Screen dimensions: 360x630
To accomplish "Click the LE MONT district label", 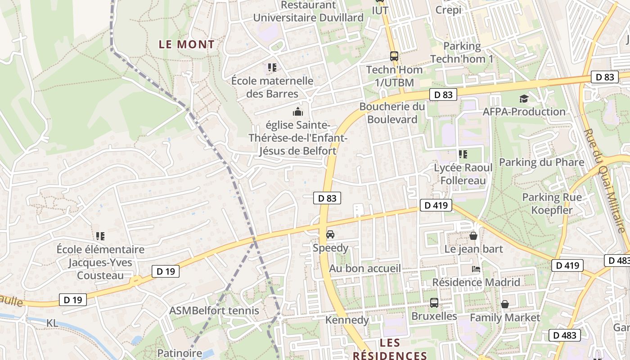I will coord(187,45).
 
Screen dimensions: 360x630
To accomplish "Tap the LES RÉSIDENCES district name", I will coord(390,349).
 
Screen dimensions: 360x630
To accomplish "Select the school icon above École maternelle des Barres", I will coord(272,67).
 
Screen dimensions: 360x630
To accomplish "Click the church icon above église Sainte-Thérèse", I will coord(297,112).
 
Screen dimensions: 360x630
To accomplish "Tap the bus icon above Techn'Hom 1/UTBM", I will coord(394,56).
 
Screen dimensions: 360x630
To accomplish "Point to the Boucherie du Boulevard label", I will coord(392,113).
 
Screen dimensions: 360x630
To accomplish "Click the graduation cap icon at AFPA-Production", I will coord(524,99).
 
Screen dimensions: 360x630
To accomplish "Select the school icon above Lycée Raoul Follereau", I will coord(463,155).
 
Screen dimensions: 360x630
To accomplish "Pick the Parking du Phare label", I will coord(542,162).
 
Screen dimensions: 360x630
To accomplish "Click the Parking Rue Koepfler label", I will coord(552,203).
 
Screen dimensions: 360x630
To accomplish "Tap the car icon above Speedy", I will coord(330,234).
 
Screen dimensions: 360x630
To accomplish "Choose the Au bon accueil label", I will coord(365,269).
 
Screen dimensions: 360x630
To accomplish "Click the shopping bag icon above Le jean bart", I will coord(473,236).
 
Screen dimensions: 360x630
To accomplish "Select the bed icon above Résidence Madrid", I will coord(476,269).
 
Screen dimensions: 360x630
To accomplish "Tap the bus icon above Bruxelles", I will coord(434,303).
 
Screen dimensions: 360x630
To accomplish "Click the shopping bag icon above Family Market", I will coord(505,305).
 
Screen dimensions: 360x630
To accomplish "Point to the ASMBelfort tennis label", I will coord(214,310).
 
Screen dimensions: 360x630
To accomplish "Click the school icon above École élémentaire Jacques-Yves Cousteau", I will coord(100,236).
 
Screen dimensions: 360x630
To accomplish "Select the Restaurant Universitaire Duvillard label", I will coord(308,11).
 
